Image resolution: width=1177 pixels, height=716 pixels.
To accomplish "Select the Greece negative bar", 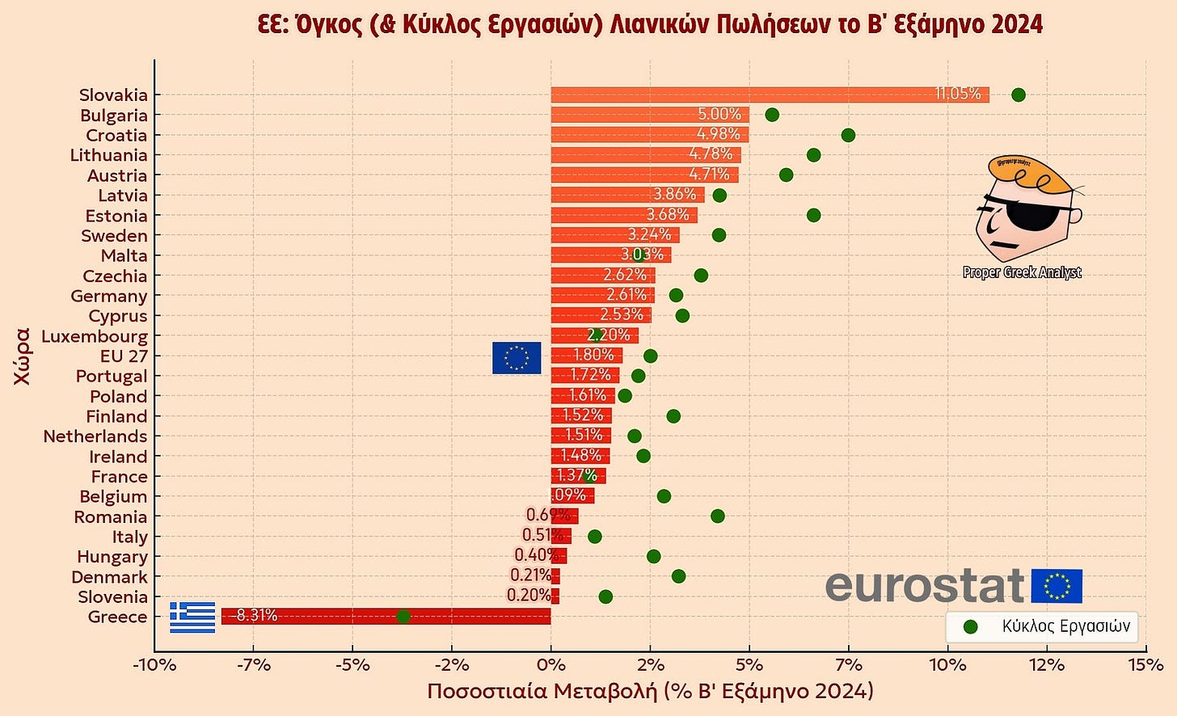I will [x=386, y=617].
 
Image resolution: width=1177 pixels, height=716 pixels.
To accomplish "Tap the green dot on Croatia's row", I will [x=848, y=135].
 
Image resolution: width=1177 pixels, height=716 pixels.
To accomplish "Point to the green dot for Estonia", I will [x=813, y=215].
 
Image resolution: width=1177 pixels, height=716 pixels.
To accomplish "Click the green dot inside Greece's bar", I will [x=403, y=617].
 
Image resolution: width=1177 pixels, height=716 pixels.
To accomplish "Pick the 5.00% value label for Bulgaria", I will [x=719, y=115].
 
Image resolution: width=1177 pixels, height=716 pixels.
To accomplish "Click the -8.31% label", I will [x=254, y=616].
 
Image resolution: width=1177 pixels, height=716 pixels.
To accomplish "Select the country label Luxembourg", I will [x=95, y=336].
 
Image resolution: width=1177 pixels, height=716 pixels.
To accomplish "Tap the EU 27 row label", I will [x=124, y=356].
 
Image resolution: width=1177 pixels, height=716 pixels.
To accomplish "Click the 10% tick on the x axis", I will [x=947, y=665].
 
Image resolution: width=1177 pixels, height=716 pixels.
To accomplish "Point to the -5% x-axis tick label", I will [x=352, y=665].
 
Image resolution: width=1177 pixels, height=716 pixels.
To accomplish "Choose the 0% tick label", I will [x=551, y=665].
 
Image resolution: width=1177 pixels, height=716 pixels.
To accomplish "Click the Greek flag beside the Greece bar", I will [x=192, y=617].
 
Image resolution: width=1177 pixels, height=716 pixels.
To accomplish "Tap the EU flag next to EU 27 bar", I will [x=517, y=358].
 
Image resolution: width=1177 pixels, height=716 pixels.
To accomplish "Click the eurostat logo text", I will [x=925, y=585].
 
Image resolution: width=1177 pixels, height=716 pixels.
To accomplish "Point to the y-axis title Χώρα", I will [x=23, y=356].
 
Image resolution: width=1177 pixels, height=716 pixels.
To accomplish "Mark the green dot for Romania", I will [x=717, y=516].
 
